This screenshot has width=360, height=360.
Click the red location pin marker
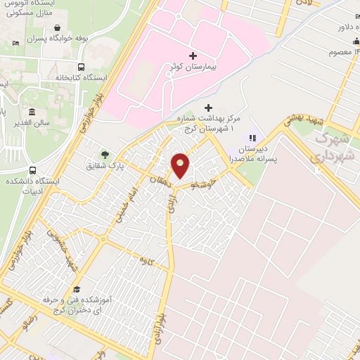(181, 166)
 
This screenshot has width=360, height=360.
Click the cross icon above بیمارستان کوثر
(193, 55)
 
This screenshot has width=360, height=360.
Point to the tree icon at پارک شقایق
(105, 155)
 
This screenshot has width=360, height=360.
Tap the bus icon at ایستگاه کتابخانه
(82, 67)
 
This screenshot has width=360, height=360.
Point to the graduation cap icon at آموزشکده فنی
(76, 289)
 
